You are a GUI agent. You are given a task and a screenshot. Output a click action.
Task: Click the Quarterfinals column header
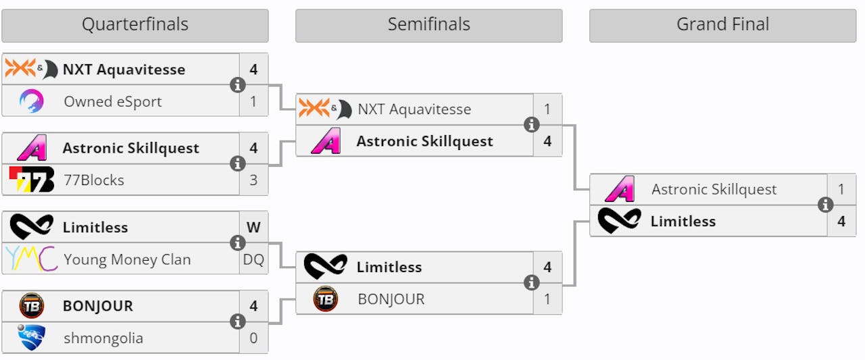tap(134, 25)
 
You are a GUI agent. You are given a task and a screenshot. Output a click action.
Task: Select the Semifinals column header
tap(428, 25)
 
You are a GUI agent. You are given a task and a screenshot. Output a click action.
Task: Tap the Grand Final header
tap(722, 25)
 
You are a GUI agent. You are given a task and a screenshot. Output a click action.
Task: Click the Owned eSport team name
tap(113, 101)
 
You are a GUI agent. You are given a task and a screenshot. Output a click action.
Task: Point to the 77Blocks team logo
tap(31, 180)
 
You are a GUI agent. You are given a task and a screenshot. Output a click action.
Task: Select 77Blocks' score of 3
tap(253, 180)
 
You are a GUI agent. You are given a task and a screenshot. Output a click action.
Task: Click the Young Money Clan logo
tap(31, 259)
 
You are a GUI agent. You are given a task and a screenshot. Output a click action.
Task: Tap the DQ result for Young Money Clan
tap(253, 259)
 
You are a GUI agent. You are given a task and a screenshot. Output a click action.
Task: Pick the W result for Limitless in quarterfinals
tap(253, 228)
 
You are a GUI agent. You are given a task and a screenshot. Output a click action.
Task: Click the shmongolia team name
tap(103, 338)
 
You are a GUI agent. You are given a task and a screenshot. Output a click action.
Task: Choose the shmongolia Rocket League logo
tap(31, 338)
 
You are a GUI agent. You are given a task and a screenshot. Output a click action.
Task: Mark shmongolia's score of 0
tap(253, 338)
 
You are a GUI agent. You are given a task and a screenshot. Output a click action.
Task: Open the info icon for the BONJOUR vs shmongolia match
tap(237, 322)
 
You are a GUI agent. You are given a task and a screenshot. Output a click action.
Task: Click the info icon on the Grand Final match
tap(825, 205)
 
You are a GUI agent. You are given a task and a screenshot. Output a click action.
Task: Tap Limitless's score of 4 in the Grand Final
tap(841, 221)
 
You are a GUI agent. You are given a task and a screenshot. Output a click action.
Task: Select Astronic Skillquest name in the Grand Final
tap(714, 190)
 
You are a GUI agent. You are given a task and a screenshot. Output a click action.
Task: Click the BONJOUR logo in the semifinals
tap(326, 299)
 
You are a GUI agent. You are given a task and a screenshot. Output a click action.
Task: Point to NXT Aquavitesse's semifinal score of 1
tap(547, 109)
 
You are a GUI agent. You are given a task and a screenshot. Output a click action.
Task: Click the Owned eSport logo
tap(31, 101)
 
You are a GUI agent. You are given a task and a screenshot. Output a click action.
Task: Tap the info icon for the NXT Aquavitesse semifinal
tap(531, 125)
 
